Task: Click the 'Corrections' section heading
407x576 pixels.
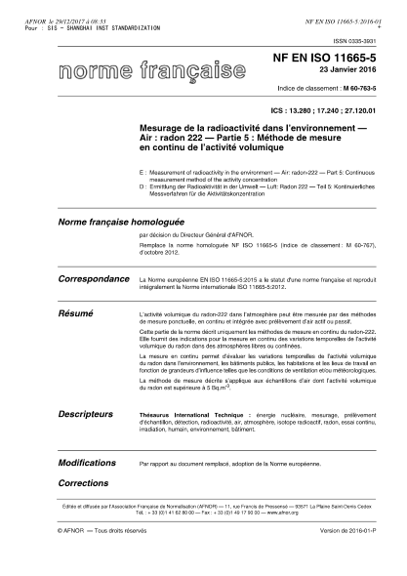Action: coord(83,482)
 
